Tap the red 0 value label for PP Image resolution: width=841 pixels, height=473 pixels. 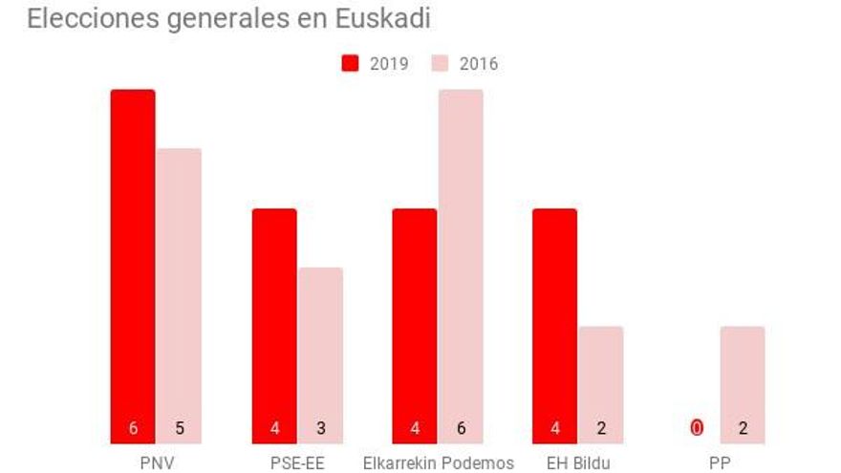tap(697, 429)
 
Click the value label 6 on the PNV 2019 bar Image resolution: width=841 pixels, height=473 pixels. tap(134, 429)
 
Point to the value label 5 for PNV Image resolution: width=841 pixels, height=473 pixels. tap(179, 429)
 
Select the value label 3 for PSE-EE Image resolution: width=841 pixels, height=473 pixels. tap(320, 429)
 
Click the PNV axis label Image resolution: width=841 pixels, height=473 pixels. tap(156, 462)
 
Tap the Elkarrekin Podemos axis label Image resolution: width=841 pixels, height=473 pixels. tap(438, 462)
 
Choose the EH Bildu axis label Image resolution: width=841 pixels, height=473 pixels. tap(578, 462)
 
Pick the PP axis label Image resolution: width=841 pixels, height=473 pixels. tap(720, 462)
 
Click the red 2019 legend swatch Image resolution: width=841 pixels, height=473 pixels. tap(351, 64)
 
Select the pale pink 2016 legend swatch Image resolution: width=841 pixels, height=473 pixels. tap(441, 64)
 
